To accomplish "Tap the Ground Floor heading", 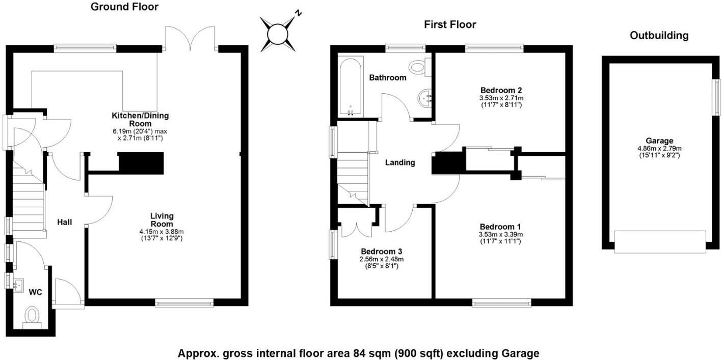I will [124, 7].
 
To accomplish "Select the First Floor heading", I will [450, 24].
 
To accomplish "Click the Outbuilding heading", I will [659, 36].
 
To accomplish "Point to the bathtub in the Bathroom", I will [351, 87].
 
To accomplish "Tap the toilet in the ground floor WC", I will [33, 316].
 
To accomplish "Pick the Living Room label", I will [162, 220].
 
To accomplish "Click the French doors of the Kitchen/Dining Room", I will [191, 38].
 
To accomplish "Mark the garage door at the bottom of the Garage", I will [660, 241].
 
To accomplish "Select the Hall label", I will [64, 222].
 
